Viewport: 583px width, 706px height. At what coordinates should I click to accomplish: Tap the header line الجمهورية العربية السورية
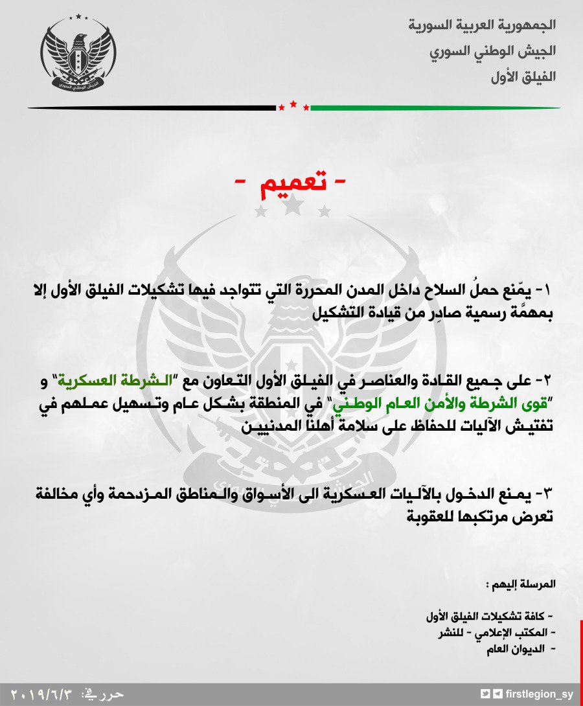tap(483, 26)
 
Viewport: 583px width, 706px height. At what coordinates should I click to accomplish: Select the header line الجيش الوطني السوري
tap(492, 51)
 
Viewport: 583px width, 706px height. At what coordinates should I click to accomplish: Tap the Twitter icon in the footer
tap(486, 694)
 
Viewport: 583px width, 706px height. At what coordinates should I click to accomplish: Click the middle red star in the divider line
tap(293, 104)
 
